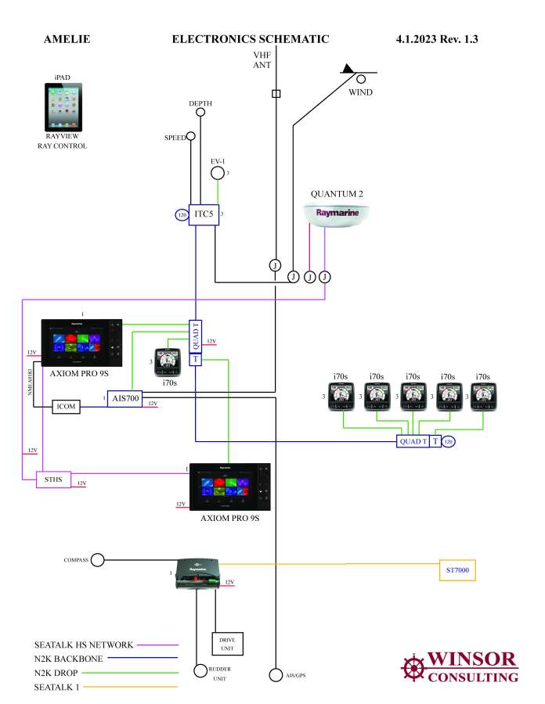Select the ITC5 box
point(204,213)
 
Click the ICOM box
point(67,407)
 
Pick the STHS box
point(54,479)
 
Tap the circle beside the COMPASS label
point(98,560)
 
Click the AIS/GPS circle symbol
point(275,674)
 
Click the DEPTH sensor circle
point(200,113)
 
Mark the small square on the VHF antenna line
point(275,94)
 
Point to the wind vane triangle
point(348,69)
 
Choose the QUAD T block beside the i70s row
point(413,442)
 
